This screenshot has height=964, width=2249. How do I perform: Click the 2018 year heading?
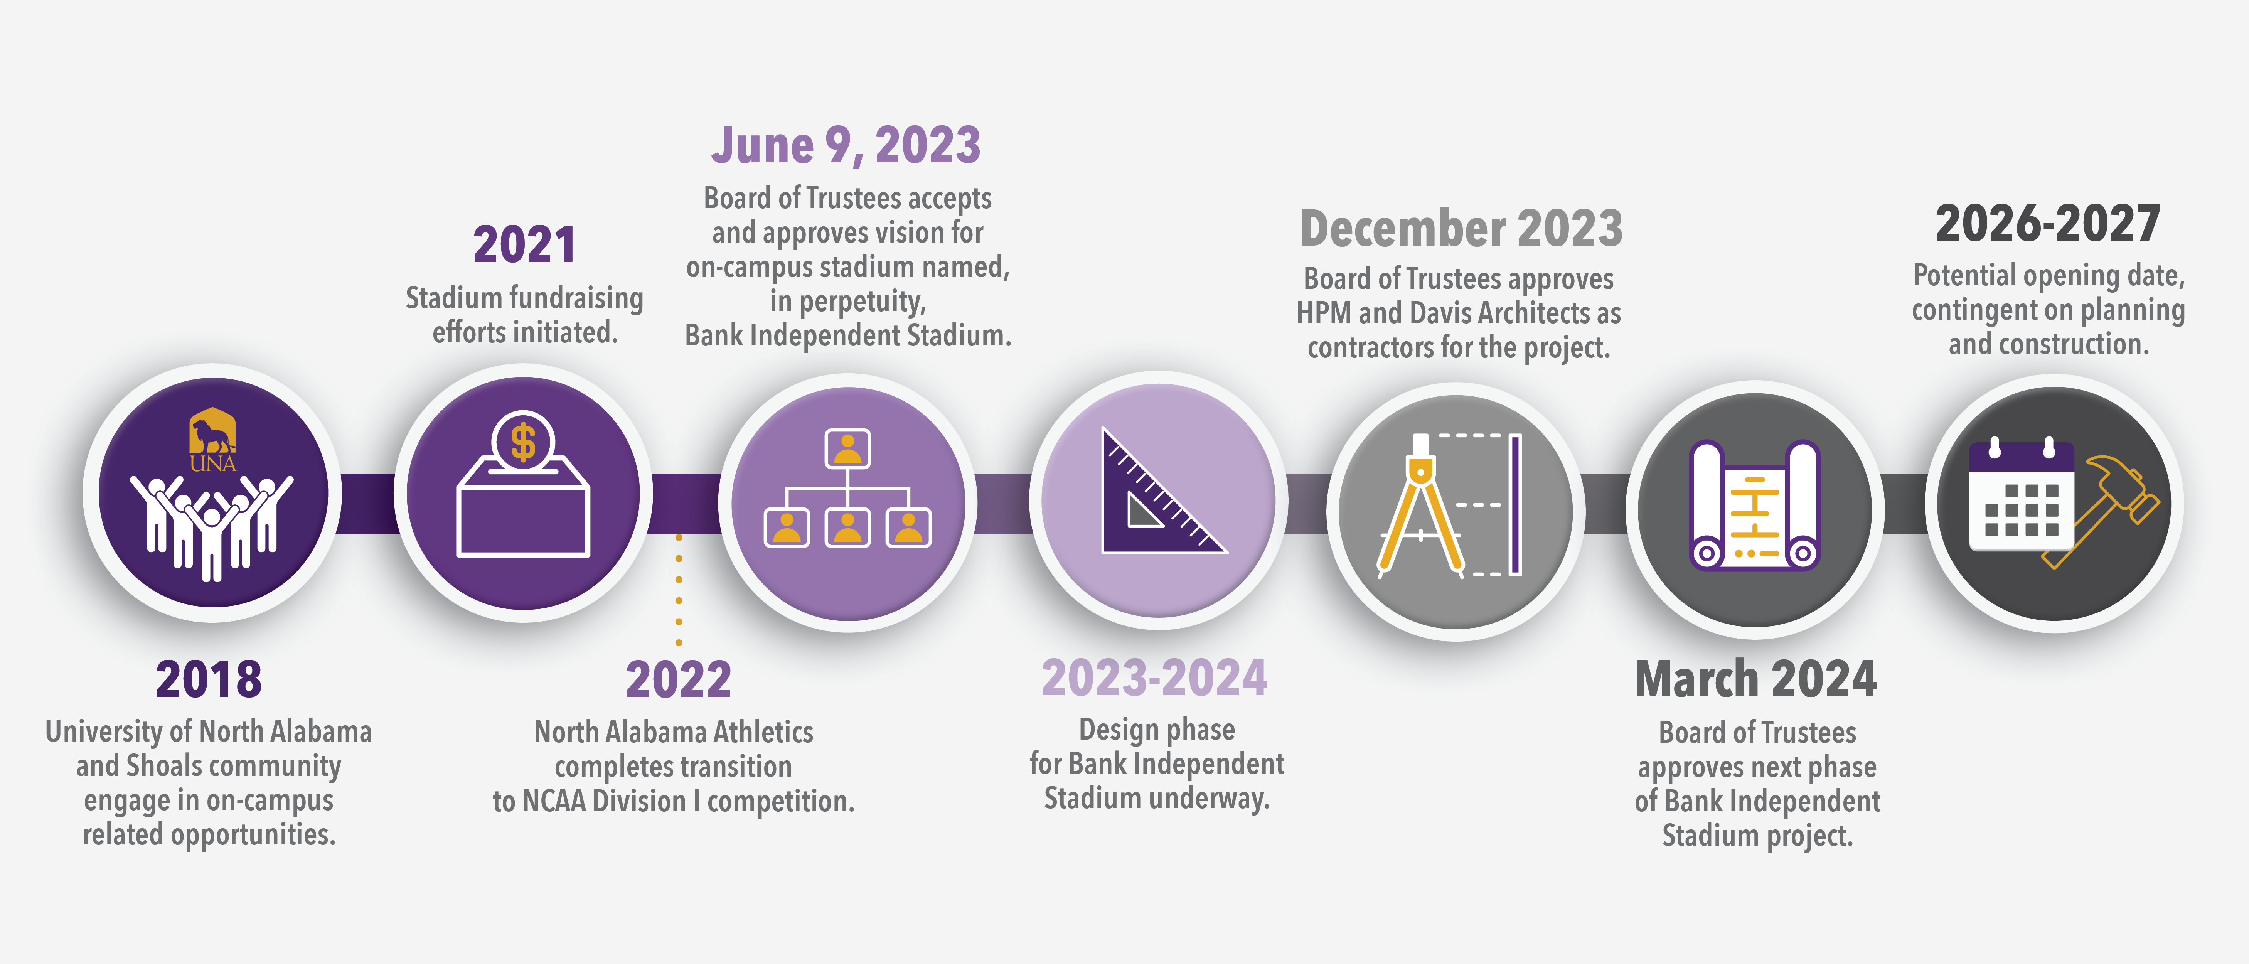coord(209,679)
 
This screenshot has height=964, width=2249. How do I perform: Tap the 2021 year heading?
coord(525,244)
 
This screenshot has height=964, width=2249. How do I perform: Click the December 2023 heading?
coord(1461,229)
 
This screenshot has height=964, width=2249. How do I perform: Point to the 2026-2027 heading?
coord(2047,224)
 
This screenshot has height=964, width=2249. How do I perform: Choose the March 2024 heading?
coord(1756,679)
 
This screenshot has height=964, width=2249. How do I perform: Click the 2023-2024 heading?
coord(1154,679)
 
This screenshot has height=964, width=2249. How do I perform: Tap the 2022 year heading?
coord(678,679)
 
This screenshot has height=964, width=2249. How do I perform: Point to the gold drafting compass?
coord(1420,506)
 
